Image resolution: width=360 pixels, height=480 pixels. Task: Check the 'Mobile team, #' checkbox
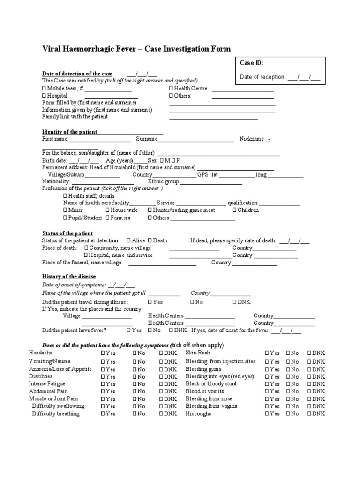click(45, 88)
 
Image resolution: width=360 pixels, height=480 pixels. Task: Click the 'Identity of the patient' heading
click(69, 132)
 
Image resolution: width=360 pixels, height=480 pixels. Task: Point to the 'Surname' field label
click(147, 139)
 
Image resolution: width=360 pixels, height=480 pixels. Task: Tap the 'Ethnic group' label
click(163, 181)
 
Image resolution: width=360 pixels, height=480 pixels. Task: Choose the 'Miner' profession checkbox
click(65, 210)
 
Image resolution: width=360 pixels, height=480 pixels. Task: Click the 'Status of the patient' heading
click(67, 233)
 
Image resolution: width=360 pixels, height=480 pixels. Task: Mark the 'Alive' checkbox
click(129, 240)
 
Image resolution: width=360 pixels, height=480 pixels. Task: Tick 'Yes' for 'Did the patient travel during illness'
click(150, 302)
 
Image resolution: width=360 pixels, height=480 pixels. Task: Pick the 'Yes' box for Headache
click(103, 352)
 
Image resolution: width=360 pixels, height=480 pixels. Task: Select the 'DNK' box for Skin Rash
click(309, 352)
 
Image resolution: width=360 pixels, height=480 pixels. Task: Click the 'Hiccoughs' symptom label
click(198, 414)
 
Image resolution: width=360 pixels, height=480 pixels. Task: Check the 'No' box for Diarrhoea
click(135, 376)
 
